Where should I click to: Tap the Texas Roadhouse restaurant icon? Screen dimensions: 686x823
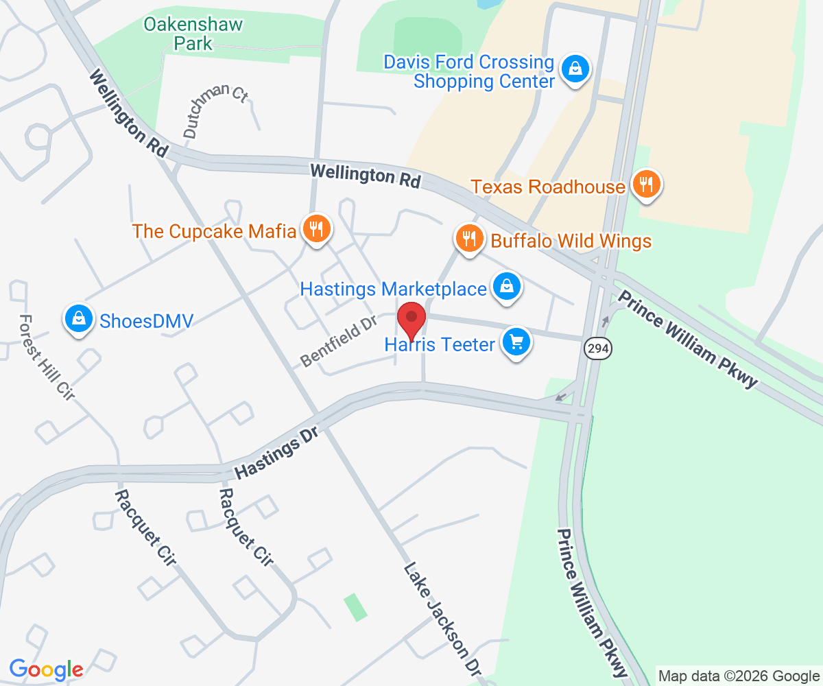[647, 184]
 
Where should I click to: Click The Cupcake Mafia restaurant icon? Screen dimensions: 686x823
[316, 228]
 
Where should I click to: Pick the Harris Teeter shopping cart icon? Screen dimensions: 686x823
[516, 342]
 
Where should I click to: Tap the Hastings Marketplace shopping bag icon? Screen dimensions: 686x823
[506, 287]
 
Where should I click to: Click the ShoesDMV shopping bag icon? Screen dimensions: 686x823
[80, 318]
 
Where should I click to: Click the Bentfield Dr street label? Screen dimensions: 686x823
[339, 339]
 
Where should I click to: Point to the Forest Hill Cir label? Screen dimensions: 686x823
[46, 357]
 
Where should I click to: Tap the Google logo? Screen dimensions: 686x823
[47, 669]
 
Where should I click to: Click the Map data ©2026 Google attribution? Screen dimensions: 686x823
[739, 676]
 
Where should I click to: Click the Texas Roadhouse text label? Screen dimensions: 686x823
[549, 186]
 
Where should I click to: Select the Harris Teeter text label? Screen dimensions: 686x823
[440, 344]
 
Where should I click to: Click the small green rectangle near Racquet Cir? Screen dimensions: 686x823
[355, 608]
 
